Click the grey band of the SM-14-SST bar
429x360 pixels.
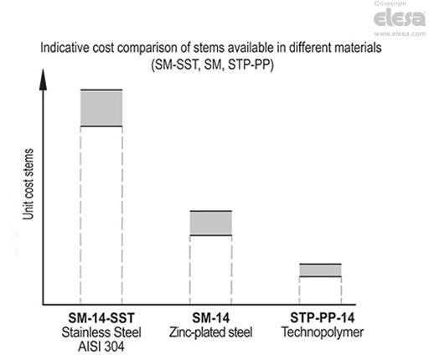click(x=101, y=108)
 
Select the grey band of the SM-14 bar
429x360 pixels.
click(x=211, y=223)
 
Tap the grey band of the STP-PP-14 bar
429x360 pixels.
click(x=321, y=270)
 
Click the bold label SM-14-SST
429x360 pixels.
click(x=101, y=318)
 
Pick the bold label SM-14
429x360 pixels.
click(x=211, y=318)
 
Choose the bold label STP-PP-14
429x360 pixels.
click(x=321, y=318)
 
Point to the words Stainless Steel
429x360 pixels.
click(x=101, y=332)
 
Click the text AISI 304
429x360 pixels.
click(x=101, y=345)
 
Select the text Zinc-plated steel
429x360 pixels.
click(x=211, y=332)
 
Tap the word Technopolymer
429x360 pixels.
click(x=321, y=332)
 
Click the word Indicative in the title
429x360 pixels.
click(x=65, y=47)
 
